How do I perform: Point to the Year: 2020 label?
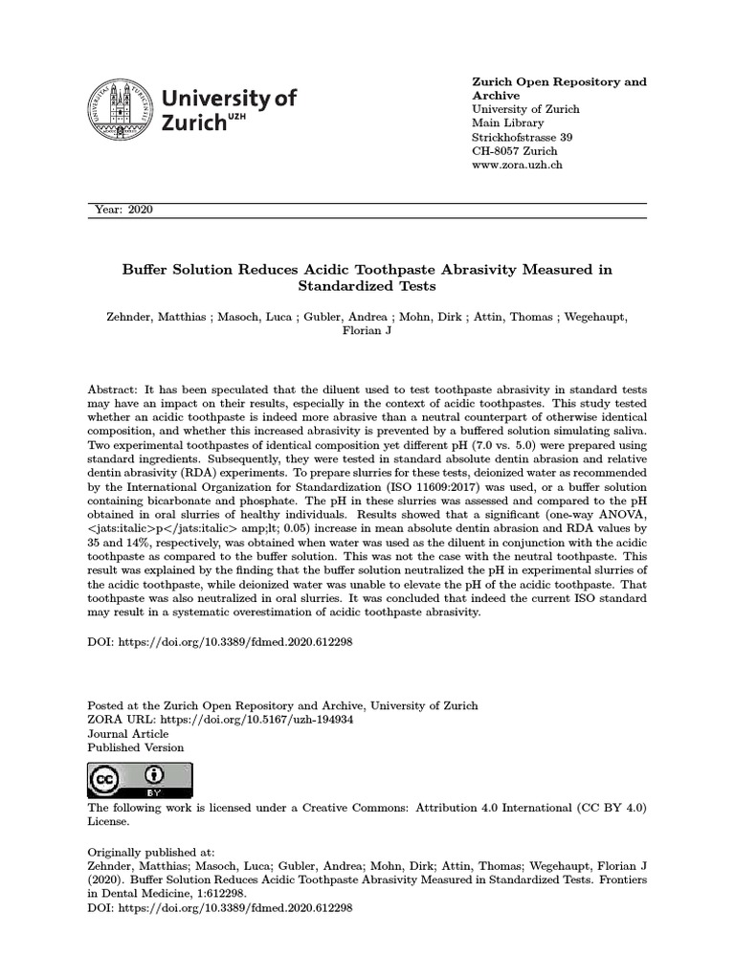pos(124,211)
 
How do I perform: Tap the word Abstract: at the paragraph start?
pos(112,390)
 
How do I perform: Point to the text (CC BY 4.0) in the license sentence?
pos(612,808)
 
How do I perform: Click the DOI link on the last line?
pos(220,906)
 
